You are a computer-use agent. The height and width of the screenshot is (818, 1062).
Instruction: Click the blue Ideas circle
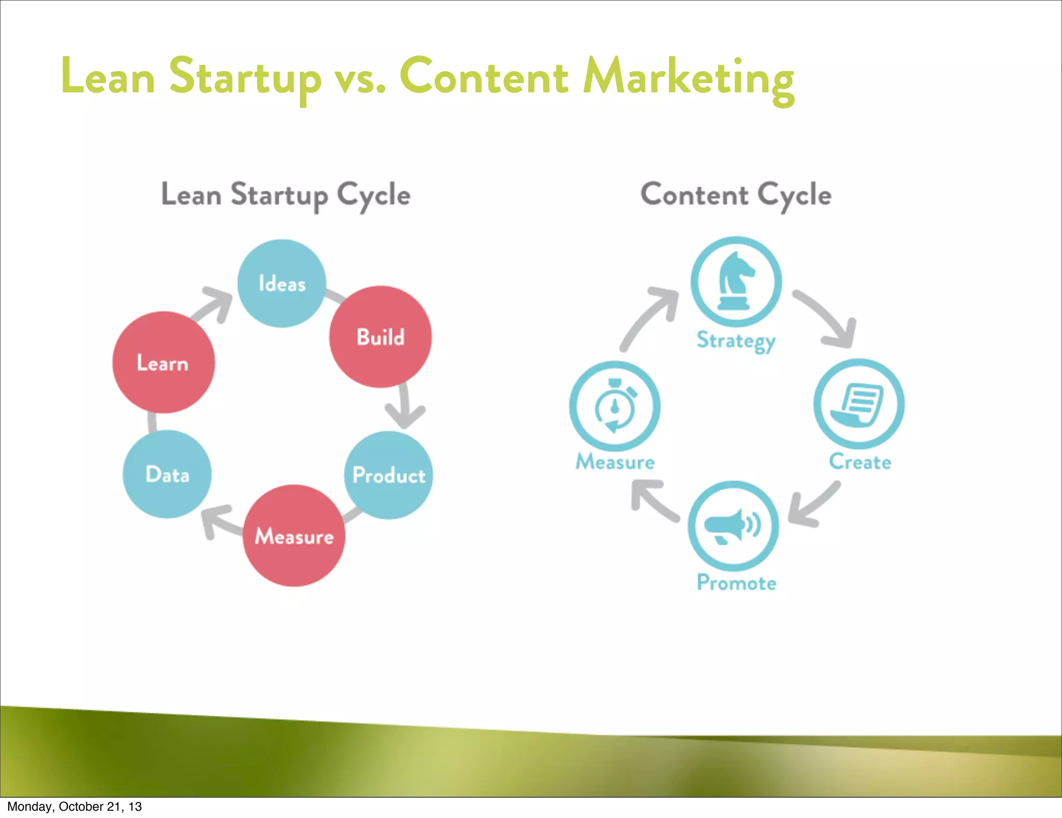point(282,283)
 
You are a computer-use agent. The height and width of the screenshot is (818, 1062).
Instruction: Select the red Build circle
point(380,337)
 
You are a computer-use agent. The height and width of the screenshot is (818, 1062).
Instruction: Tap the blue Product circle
point(388,475)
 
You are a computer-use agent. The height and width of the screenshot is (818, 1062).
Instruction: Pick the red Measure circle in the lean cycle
point(294,536)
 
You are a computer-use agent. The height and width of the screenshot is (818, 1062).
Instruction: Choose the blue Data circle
point(167,474)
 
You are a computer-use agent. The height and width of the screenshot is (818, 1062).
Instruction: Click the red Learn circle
point(163,362)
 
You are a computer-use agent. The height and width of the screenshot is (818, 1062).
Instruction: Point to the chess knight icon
point(736,281)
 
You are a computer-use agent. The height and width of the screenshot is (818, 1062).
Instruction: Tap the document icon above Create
point(859,404)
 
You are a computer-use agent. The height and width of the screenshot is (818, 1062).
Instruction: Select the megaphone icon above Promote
point(733,526)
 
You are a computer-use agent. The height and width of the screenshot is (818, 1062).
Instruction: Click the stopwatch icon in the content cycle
point(615,406)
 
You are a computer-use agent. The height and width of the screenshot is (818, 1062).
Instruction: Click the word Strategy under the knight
point(736,340)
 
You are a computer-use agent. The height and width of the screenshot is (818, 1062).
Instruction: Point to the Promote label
point(736,583)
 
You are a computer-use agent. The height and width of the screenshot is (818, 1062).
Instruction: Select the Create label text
point(860,461)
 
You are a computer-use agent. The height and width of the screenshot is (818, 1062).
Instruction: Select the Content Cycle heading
point(736,195)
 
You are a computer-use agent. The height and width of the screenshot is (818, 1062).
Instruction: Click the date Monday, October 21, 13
point(74,807)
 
